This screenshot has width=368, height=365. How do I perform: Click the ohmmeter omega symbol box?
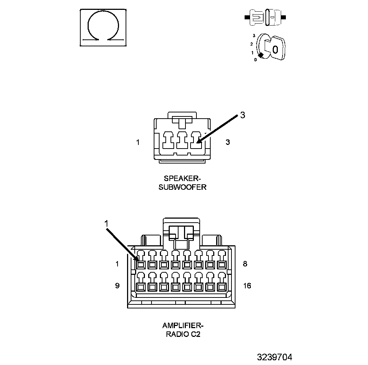tap(103, 28)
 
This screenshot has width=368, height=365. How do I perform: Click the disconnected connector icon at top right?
tap(265, 17)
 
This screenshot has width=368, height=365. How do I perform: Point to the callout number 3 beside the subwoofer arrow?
tap(242, 115)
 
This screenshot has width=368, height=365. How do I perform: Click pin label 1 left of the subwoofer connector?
tap(138, 142)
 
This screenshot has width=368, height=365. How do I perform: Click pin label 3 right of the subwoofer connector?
tap(228, 142)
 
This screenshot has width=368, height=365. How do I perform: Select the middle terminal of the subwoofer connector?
tap(182, 140)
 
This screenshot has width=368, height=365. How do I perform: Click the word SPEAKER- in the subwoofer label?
tap(183, 178)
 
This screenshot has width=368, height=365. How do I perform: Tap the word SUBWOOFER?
tap(183, 187)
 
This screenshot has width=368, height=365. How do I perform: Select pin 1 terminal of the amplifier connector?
tap(141, 264)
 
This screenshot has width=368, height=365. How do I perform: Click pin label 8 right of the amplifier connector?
tap(245, 264)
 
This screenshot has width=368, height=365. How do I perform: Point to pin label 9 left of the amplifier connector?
tap(117, 286)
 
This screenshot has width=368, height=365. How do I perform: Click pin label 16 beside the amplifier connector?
tap(247, 286)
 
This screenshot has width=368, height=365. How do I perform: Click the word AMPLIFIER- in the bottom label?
tap(183, 325)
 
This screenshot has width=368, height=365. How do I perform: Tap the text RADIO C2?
tap(183, 334)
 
